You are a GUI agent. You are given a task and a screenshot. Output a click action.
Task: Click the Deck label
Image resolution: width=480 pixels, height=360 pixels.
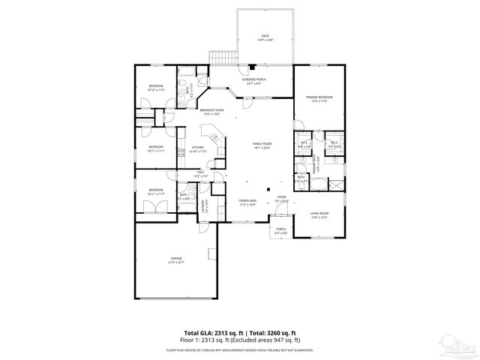[x=265, y=37]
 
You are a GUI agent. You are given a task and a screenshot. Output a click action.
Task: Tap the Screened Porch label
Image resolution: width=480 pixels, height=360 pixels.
[x=254, y=81]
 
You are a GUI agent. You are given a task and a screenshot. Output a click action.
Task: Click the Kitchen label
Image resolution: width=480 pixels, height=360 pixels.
[x=198, y=148]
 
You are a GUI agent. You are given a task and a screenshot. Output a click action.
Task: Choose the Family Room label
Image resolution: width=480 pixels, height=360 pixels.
[x=262, y=145]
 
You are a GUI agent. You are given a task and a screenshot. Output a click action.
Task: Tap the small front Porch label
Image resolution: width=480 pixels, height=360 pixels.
[x=281, y=230]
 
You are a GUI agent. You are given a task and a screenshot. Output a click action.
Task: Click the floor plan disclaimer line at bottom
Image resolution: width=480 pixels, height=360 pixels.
[x=240, y=350]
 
